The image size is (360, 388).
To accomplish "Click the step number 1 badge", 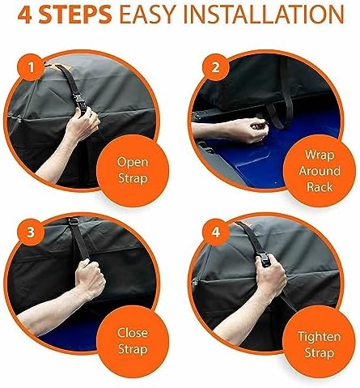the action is click(32, 67).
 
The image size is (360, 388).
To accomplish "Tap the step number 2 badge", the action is click(215, 67).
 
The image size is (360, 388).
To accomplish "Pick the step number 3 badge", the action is click(31, 232).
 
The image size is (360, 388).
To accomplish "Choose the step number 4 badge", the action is click(216, 232).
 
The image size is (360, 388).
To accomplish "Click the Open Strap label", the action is click(133, 170).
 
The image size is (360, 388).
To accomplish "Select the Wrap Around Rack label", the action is click(320, 171).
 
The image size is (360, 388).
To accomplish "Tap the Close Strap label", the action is click(133, 341).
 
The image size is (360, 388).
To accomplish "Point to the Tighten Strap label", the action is click(320, 345).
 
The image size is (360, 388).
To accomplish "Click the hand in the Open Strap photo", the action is click(83, 124).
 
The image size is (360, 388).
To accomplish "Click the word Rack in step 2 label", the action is click(320, 187).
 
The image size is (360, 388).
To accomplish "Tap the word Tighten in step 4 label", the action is click(320, 337).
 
